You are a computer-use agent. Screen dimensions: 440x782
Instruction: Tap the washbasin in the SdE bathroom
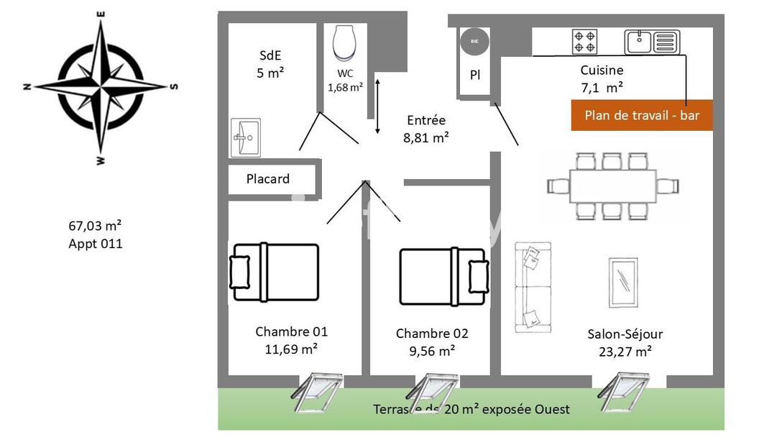click(246, 137)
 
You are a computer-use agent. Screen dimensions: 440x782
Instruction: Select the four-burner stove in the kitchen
click(584, 41)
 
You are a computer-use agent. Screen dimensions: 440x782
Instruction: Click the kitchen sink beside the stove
click(651, 42)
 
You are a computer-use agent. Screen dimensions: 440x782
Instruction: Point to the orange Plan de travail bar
click(642, 115)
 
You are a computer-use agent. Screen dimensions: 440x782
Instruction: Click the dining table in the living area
click(613, 186)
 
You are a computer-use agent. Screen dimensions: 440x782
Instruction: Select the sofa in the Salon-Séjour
click(533, 287)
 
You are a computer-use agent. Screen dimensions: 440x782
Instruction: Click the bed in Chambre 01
click(275, 272)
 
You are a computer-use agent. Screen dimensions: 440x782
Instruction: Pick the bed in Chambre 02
click(444, 272)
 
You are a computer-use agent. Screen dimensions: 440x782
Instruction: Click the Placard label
click(268, 179)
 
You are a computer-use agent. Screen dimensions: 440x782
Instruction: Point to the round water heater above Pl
click(474, 42)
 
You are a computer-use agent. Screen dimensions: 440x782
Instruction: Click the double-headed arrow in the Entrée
click(378, 106)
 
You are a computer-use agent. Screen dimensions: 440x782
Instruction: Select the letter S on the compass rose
click(174, 86)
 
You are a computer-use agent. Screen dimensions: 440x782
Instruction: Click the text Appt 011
click(96, 244)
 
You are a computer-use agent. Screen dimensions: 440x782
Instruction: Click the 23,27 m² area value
click(625, 352)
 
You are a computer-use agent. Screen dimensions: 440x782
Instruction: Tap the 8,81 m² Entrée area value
click(426, 137)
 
